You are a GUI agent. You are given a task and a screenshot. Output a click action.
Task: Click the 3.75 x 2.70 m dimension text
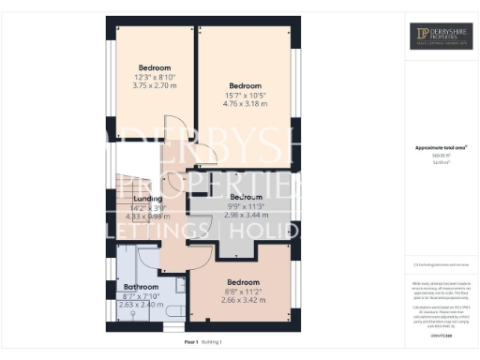coord(155,85)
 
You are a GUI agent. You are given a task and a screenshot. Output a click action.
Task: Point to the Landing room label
coord(148,198)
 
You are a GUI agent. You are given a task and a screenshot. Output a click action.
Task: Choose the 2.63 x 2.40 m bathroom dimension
coord(142,305)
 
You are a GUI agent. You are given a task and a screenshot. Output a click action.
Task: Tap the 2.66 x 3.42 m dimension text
coord(242,300)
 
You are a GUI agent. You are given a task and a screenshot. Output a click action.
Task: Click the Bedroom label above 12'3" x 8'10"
coord(155,67)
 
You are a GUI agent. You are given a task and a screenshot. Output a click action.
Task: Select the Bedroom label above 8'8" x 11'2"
coord(242,282)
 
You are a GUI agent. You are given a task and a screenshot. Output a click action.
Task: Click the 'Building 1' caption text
coord(215,343)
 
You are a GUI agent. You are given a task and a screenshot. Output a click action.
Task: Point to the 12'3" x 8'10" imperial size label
coord(155,77)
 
